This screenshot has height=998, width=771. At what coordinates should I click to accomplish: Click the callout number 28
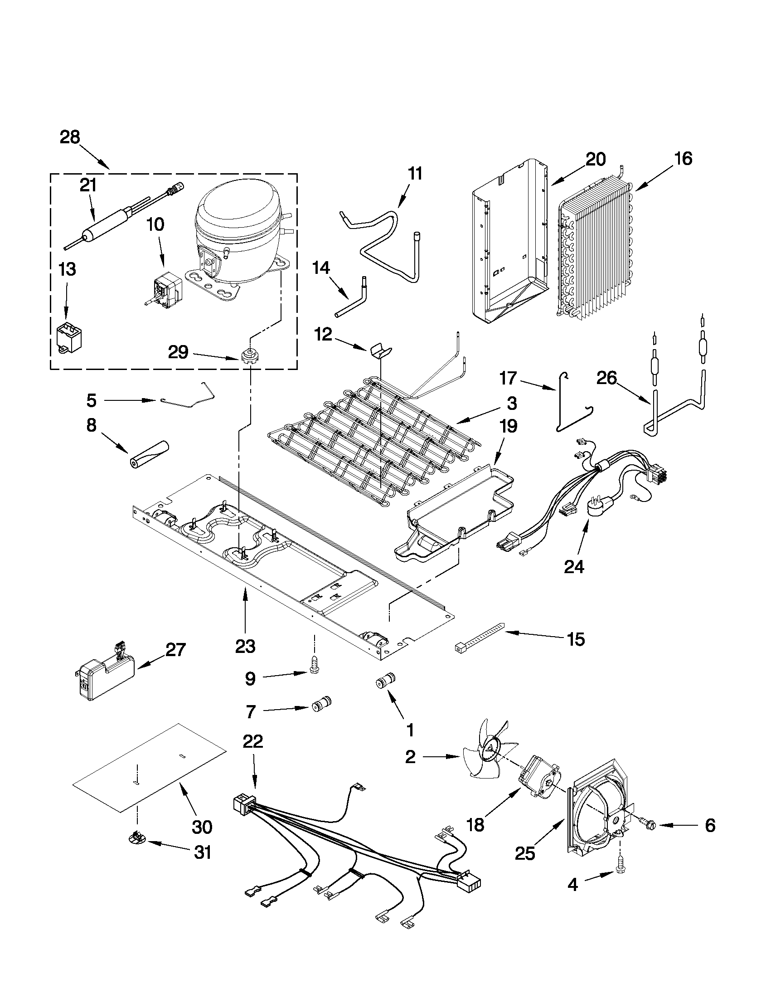point(70,137)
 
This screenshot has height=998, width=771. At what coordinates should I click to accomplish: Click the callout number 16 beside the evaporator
point(683,159)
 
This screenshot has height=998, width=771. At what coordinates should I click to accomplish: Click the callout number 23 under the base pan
point(245,646)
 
